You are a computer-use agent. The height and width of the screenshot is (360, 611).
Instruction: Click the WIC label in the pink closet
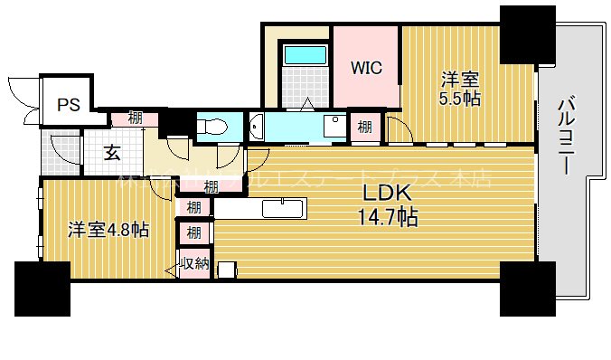(367, 67)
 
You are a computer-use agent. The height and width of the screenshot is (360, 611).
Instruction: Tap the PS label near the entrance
(69, 105)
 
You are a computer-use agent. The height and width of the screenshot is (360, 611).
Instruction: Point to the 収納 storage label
(194, 265)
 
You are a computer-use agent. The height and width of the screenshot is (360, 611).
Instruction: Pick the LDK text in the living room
(388, 194)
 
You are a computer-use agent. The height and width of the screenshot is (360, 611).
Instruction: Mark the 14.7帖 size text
(388, 217)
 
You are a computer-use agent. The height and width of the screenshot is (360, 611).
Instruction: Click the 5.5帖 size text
(459, 99)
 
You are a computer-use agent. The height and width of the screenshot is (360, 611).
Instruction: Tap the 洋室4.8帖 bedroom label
(108, 230)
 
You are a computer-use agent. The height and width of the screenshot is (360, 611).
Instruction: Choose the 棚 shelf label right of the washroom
(363, 128)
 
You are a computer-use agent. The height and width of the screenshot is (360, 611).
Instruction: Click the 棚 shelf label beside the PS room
(134, 117)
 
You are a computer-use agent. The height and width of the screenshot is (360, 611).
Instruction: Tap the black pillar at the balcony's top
(528, 33)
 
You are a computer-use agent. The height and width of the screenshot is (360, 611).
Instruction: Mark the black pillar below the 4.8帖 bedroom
(42, 288)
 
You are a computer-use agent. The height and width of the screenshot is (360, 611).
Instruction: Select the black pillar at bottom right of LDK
(528, 288)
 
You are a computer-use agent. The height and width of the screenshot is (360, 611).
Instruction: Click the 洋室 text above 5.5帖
(459, 79)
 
